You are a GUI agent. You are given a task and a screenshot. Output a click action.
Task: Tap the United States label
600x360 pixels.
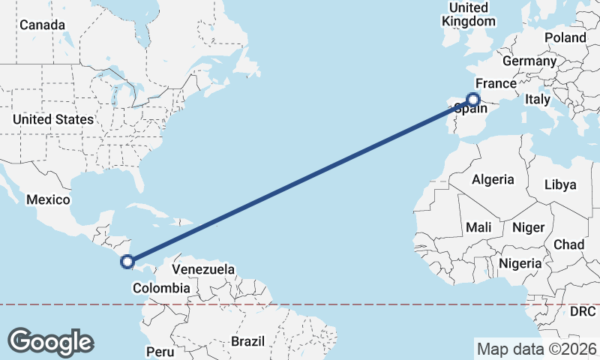tap(53, 119)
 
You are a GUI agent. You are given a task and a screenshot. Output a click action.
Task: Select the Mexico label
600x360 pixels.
tap(48, 200)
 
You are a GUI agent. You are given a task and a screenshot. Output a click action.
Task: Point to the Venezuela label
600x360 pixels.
tap(203, 269)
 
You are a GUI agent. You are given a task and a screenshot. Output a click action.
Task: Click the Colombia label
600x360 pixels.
tap(160, 288)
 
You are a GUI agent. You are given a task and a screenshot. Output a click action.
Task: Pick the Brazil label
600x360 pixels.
tap(247, 341)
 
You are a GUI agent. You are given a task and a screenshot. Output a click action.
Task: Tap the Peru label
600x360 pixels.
tap(160, 351)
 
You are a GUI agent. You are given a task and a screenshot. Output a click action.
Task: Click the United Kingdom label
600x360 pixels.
tap(469, 14)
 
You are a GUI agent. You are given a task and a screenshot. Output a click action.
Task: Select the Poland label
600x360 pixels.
tap(565, 37)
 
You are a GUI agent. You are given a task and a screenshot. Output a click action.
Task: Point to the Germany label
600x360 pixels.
tap(529, 61)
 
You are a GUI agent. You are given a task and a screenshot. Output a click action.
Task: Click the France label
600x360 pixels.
tap(496, 83)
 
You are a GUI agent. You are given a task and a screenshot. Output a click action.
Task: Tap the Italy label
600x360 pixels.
tap(538, 99)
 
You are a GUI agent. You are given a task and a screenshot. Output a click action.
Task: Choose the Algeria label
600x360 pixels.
tap(493, 179)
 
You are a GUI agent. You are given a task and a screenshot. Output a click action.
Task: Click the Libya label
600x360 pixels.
tap(560, 184)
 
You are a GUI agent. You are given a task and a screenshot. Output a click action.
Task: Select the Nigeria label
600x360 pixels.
tap(520, 263)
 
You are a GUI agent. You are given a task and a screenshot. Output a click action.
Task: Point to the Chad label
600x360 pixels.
tap(568, 244)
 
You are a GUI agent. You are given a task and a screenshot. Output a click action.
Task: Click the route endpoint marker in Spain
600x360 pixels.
tap(473, 99)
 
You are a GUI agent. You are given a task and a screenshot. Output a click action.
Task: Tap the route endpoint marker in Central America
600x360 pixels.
tap(127, 262)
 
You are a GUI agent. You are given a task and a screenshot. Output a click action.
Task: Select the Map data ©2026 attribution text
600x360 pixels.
tap(536, 349)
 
